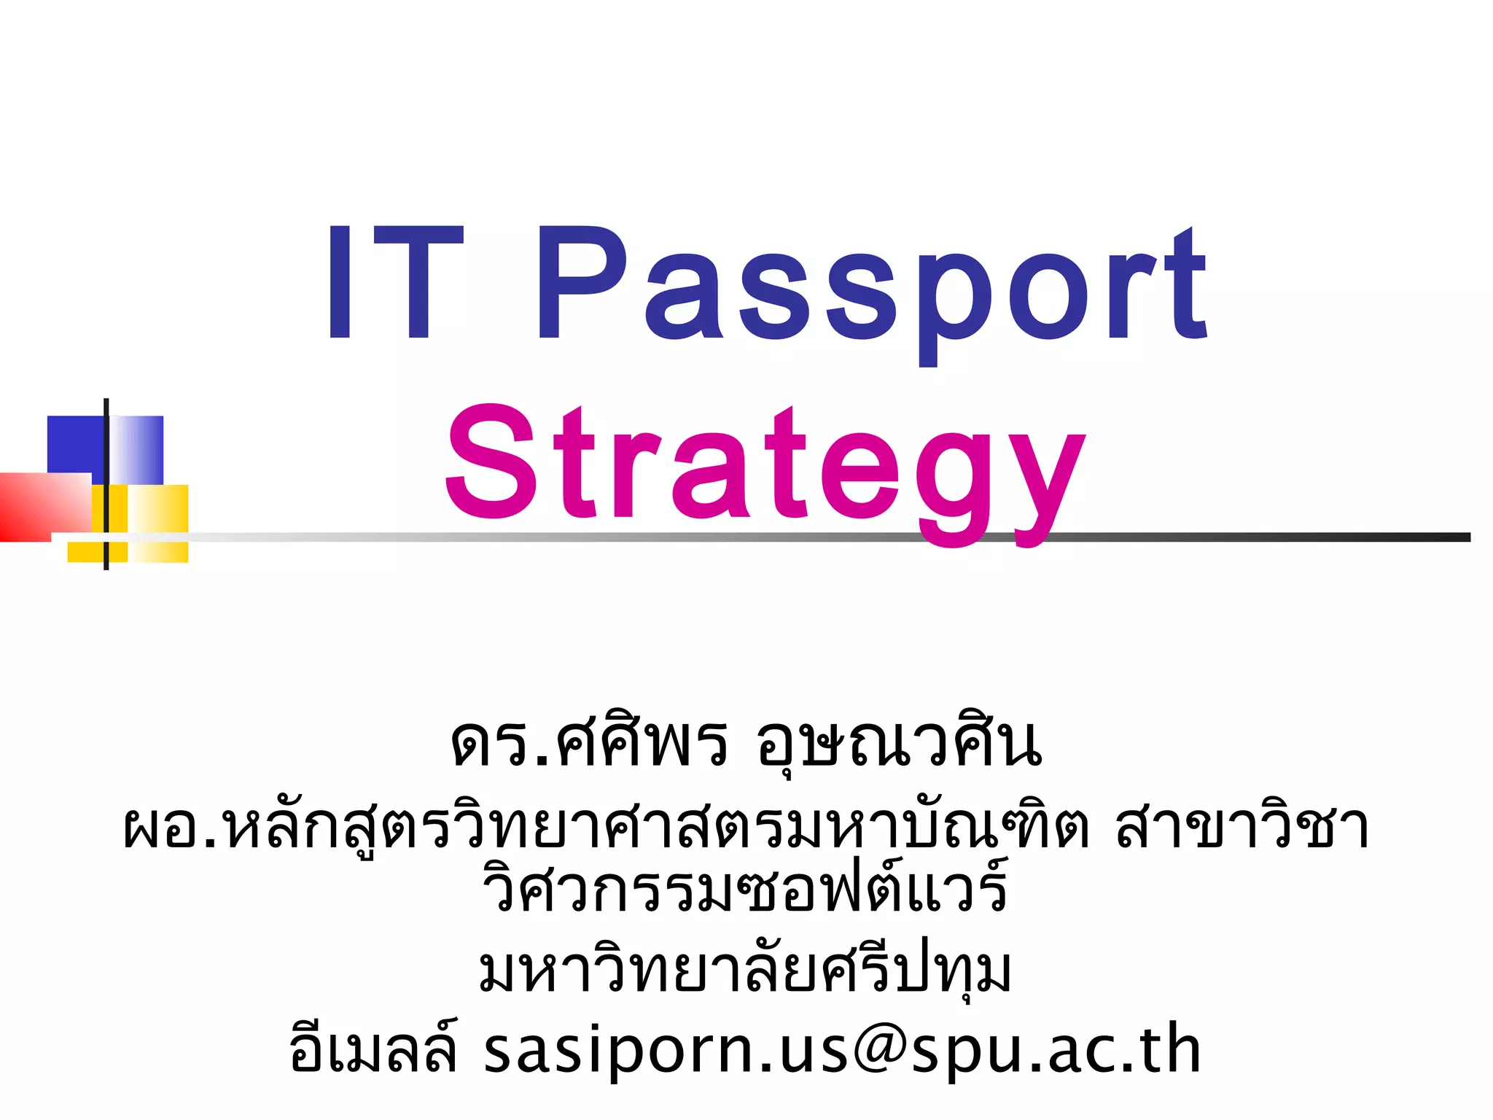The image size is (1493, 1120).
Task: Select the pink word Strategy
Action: pyautogui.click(x=765, y=467)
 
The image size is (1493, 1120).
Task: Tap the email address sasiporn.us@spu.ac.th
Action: pyautogui.click(x=842, y=1050)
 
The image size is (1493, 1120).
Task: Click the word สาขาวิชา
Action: pyautogui.click(x=1242, y=828)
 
